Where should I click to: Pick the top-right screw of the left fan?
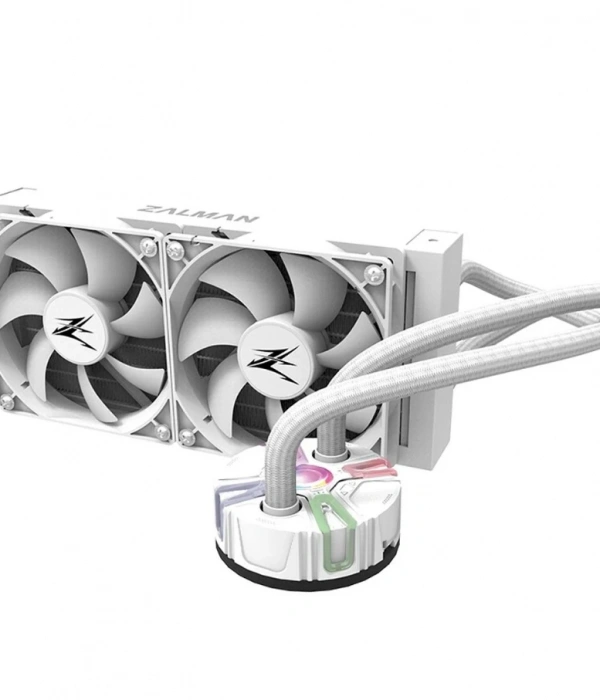tap(148, 245)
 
